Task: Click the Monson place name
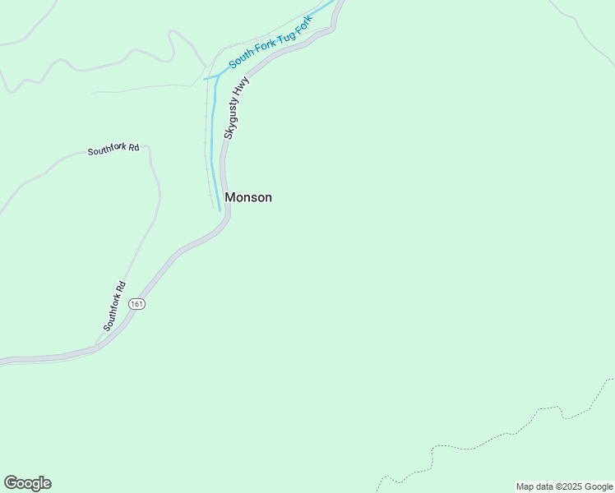tap(247, 197)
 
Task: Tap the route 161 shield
tap(137, 303)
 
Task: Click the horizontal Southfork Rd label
tap(113, 150)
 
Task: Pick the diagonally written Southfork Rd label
tap(114, 306)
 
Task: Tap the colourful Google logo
tap(27, 483)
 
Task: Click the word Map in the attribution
tap(525, 486)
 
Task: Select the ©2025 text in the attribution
tap(568, 486)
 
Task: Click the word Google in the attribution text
tap(599, 486)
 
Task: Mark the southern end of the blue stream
tap(220, 210)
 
